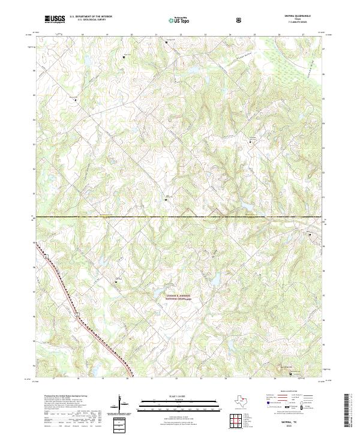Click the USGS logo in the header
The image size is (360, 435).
55,19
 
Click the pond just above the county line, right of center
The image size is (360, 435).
245,208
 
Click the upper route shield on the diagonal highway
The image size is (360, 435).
45,257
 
